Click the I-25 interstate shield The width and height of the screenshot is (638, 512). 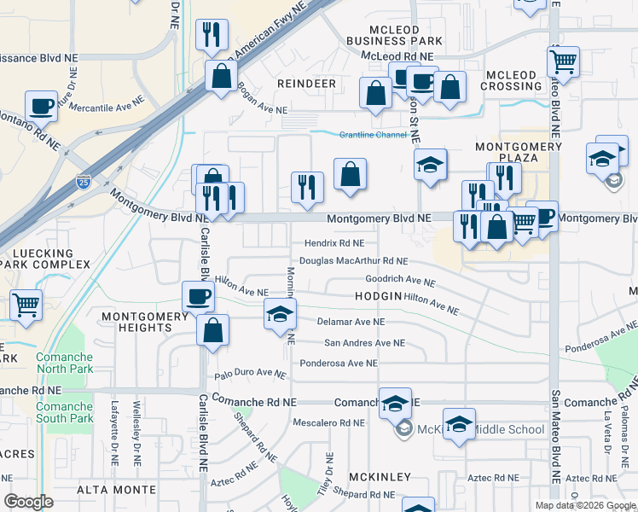pos(82,181)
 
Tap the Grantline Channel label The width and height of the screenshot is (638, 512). pos(373,135)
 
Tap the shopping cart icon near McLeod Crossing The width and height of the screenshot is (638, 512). pos(564,61)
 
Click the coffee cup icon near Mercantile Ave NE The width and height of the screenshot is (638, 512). pos(41,106)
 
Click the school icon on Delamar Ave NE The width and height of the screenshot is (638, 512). pos(279,315)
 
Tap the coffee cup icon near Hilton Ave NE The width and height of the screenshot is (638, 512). pos(198,296)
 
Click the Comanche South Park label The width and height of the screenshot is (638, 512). pos(65,412)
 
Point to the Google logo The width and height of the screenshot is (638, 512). pos(28,501)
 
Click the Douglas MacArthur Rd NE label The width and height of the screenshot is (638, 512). pos(353,261)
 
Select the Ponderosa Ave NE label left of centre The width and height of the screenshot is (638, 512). pos(338,363)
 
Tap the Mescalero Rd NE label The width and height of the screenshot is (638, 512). pos(328,422)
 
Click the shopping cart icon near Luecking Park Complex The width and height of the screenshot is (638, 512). pos(26,304)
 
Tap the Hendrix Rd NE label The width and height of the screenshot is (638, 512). pos(333,243)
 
